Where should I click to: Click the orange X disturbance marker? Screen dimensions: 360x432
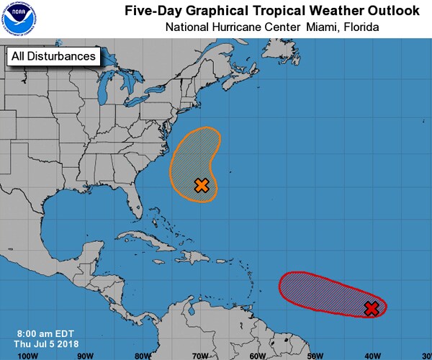[x=202, y=185]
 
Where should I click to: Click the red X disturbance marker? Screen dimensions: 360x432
[x=372, y=308]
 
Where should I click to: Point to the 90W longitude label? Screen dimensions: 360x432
[x=85, y=355]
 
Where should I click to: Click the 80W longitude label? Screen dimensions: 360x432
[x=143, y=355]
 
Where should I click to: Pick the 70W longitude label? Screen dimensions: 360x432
[x=199, y=355]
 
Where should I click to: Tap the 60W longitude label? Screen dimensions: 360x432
[x=257, y=355]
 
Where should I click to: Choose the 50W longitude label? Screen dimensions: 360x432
[x=315, y=355]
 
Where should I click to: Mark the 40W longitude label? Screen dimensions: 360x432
[x=372, y=355]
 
